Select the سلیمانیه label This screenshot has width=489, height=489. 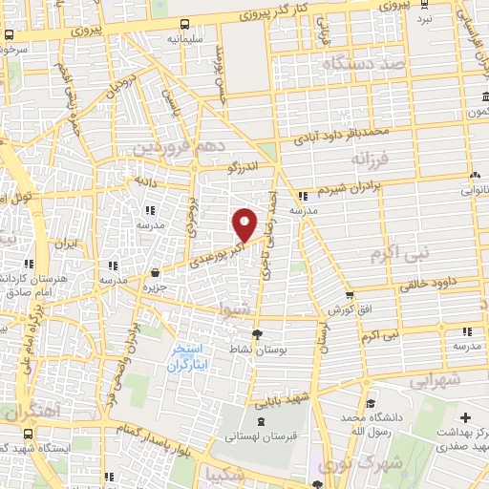click(x=184, y=40)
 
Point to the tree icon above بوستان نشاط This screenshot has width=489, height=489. click(x=256, y=333)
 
